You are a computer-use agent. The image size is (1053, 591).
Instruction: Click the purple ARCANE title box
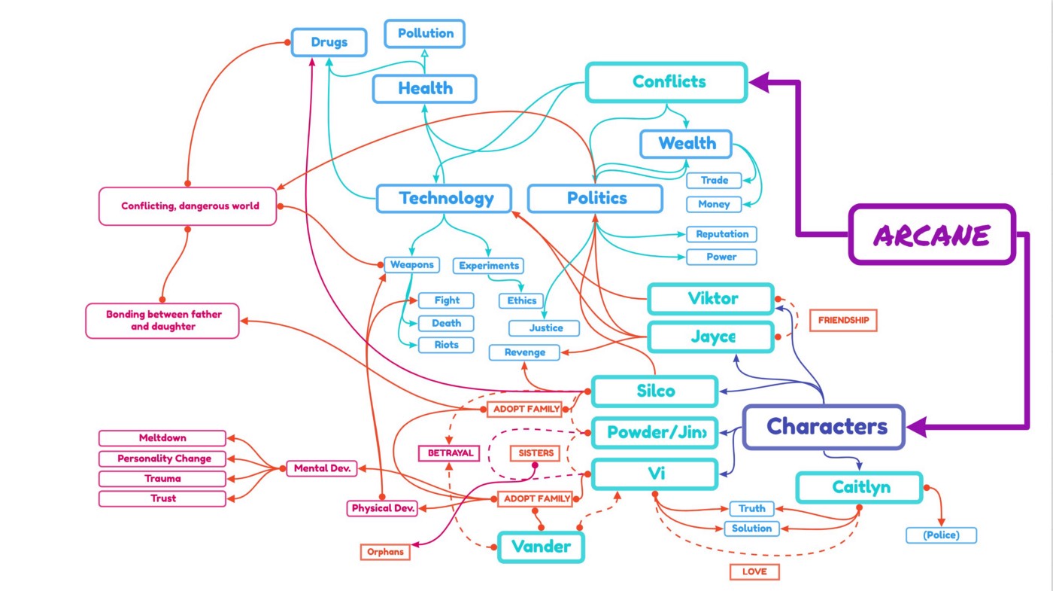coord(932,235)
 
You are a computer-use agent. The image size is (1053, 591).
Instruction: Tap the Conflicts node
coord(666,82)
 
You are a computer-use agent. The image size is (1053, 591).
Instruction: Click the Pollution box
coord(425,34)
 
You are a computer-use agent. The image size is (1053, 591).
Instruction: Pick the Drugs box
coord(329,42)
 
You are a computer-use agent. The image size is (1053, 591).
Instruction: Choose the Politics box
coord(595,199)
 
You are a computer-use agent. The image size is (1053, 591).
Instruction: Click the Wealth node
coord(686,144)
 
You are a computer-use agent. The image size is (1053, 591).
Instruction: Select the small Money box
coord(714,204)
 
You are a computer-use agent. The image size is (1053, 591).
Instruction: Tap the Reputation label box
coord(721,234)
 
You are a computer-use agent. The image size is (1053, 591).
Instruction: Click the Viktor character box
coord(711,299)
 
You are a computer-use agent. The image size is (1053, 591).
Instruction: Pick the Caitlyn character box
coord(859,487)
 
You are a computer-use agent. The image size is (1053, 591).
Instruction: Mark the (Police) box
coord(941,535)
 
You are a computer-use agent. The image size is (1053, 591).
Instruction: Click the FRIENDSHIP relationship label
coord(843,320)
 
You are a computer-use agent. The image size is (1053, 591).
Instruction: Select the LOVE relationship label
coord(754,571)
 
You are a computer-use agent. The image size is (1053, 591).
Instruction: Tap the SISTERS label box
coord(536,453)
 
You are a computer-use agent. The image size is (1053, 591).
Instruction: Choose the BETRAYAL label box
coord(450,453)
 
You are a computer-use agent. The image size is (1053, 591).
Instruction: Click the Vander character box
coord(541,547)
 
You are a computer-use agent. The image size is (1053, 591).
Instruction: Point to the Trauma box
coord(162,478)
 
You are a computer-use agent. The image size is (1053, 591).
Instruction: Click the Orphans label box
coord(385,552)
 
